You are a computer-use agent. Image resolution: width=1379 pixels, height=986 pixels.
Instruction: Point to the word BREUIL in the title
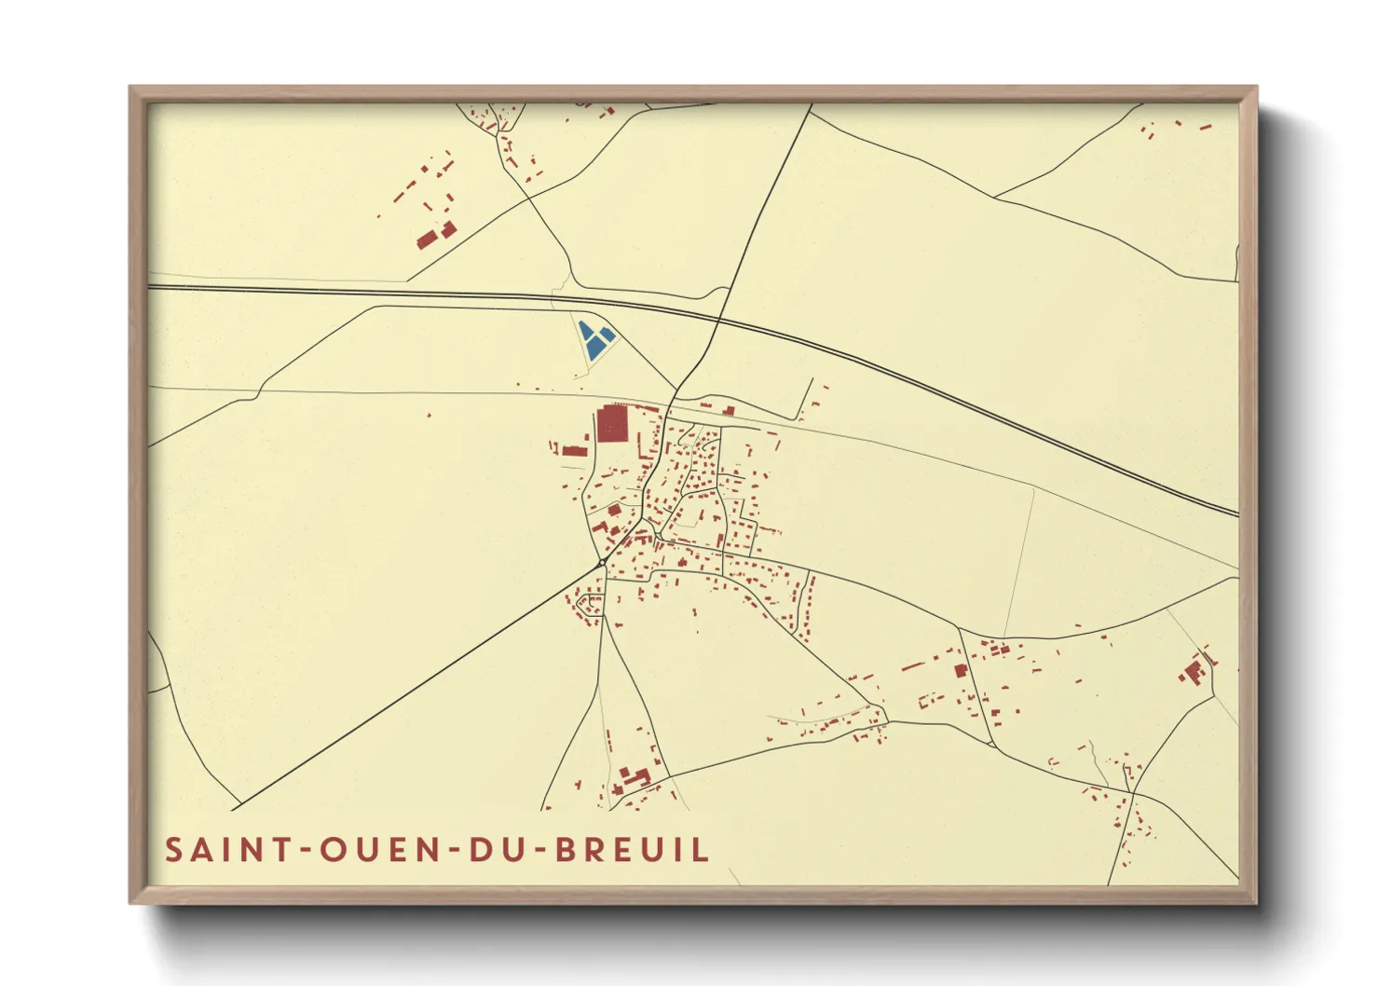pyautogui.click(x=633, y=850)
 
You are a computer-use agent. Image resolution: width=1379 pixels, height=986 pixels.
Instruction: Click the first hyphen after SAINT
pyautogui.click(x=306, y=851)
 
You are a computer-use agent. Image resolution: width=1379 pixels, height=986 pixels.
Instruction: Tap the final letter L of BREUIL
pyautogui.click(x=701, y=850)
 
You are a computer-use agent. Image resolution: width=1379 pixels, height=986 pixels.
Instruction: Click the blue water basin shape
pyautogui.click(x=594, y=341)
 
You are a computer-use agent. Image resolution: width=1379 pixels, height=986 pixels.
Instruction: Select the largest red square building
pyautogui.click(x=612, y=424)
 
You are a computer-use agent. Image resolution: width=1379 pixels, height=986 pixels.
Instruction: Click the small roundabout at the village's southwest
pyautogui.click(x=602, y=563)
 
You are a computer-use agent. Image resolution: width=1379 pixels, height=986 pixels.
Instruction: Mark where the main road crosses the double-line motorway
pyautogui.click(x=718, y=320)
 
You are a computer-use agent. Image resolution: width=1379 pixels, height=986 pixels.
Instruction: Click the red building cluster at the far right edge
pyautogui.click(x=1195, y=669)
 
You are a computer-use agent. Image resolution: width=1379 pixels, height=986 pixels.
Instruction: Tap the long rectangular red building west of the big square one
pyautogui.click(x=574, y=452)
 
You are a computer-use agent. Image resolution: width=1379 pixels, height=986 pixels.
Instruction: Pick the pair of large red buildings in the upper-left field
pyautogui.click(x=436, y=235)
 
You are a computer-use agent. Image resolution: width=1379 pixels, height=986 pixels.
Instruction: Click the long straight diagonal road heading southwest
pyautogui.click(x=419, y=685)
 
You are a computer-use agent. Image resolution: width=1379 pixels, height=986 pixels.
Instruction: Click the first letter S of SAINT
pyautogui.click(x=174, y=850)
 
